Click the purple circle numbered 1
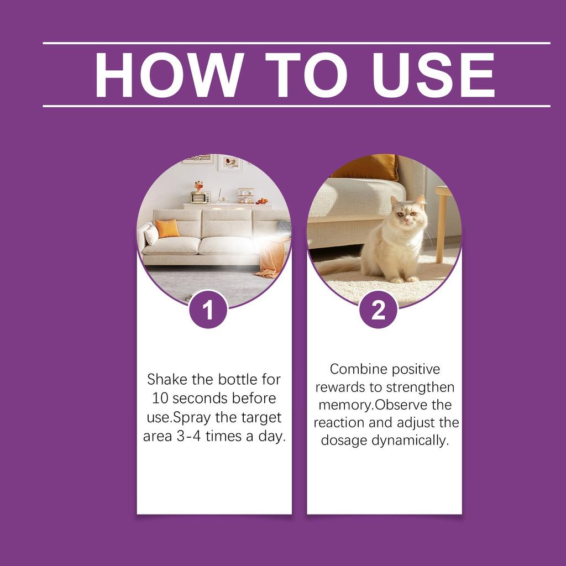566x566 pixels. click(x=208, y=311)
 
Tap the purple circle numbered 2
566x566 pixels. click(x=378, y=311)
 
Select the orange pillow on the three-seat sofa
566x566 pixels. click(x=167, y=228)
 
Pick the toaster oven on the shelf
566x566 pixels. click(x=200, y=197)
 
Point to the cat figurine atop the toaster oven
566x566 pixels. click(x=198, y=185)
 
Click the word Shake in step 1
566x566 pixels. click(x=167, y=380)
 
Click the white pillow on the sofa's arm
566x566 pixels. click(x=150, y=234)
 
